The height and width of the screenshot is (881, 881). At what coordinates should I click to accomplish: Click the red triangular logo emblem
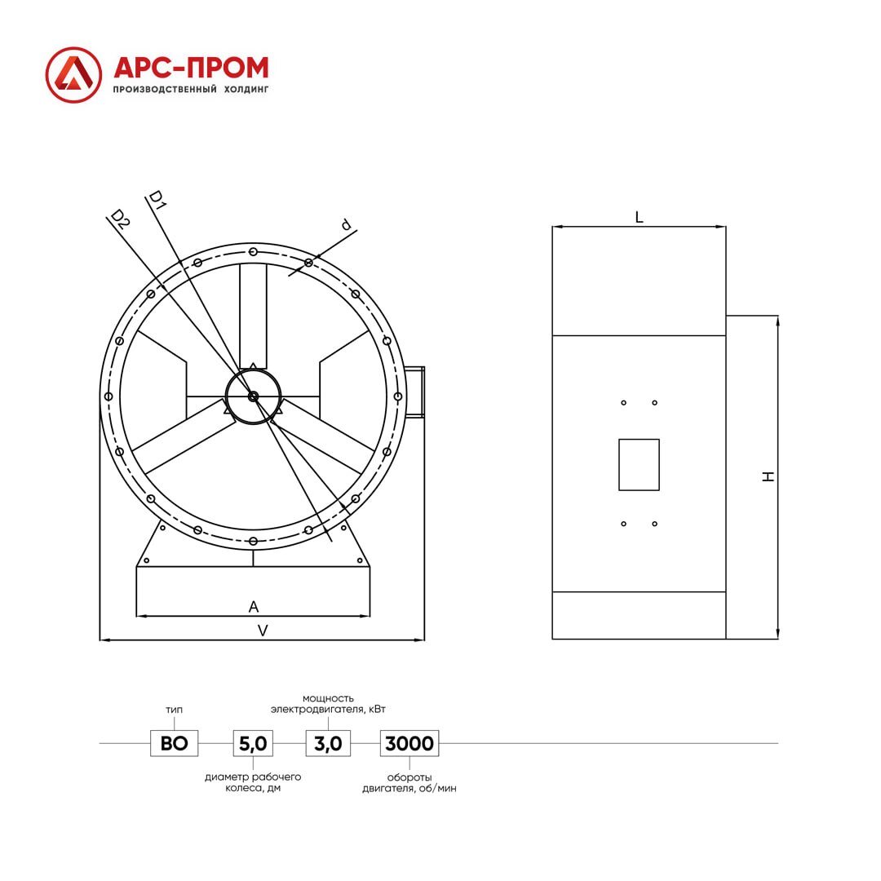click(x=73, y=75)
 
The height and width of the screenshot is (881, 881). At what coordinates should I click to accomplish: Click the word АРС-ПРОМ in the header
click(x=191, y=68)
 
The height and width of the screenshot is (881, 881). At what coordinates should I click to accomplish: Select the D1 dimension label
click(x=156, y=200)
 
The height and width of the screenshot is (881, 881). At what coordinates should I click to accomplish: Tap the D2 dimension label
click(x=120, y=219)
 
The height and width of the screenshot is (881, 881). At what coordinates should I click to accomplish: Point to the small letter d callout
click(x=346, y=225)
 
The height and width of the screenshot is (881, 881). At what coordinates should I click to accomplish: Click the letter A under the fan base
click(x=254, y=607)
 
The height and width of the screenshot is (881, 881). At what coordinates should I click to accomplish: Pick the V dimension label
click(x=263, y=631)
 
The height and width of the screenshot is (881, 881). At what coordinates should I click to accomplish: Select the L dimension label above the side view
click(x=639, y=218)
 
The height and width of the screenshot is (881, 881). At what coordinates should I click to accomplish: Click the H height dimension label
click(x=768, y=476)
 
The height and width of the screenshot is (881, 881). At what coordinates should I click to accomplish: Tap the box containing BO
click(x=175, y=743)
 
